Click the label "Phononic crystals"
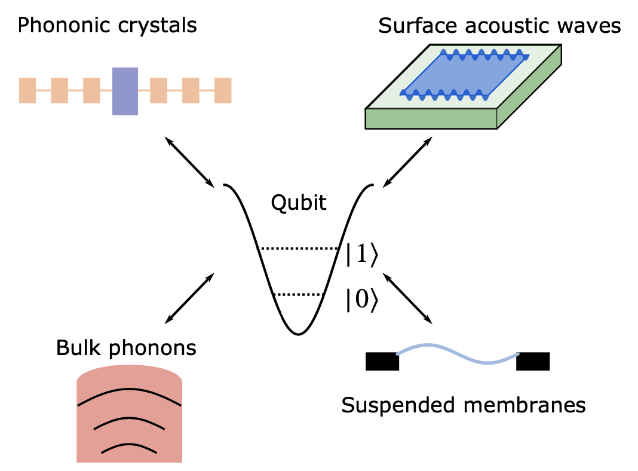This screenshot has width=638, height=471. click(108, 26)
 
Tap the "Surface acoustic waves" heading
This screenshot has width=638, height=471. click(499, 26)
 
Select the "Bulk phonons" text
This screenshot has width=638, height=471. click(126, 347)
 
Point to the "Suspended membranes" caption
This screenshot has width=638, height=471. click(463, 405)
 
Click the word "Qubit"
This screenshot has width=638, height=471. click(299, 203)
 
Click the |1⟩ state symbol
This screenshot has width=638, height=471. click(362, 255)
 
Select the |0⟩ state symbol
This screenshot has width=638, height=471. click(362, 300)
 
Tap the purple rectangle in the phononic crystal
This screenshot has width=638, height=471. click(125, 91)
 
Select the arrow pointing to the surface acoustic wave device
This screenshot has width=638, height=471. click(407, 161)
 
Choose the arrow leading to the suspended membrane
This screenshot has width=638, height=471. click(407, 297)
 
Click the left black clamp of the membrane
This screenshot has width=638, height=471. click(382, 362)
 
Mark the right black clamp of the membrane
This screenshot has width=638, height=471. click(533, 362)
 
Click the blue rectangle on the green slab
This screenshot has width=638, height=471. click(463, 74)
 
